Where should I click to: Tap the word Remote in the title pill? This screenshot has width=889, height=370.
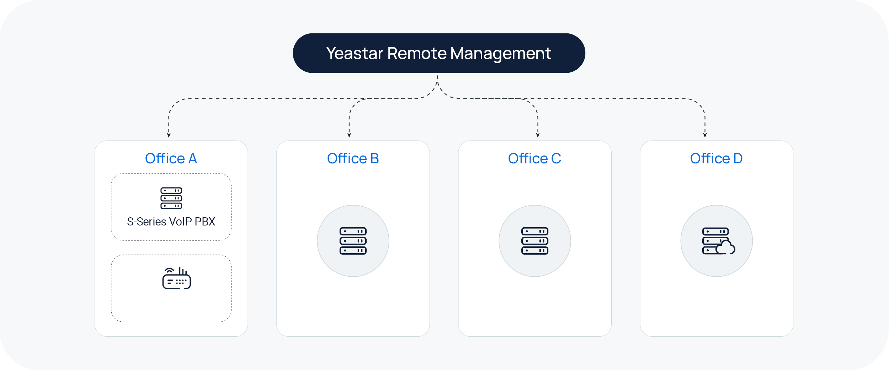[417, 54]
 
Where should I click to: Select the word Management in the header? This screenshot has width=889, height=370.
[501, 54]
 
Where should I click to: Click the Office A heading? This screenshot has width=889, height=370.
[171, 159]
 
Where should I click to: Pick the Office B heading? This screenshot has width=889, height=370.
[353, 159]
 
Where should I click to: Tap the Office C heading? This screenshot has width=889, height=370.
[534, 159]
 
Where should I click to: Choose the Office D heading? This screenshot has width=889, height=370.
[716, 159]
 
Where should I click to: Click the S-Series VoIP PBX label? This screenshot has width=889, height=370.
[171, 222]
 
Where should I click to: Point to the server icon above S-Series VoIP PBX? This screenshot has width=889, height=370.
[171, 198]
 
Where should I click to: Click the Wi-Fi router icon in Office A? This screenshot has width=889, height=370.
[176, 278]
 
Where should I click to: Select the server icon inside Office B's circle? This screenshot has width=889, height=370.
[353, 241]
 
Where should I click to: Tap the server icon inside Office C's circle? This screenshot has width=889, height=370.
[534, 241]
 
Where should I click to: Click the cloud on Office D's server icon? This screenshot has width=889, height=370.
[725, 247]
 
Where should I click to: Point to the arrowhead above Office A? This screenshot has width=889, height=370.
[169, 135]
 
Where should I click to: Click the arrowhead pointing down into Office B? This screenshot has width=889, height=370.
[349, 135]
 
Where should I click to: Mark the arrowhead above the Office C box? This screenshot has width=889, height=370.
[538, 135]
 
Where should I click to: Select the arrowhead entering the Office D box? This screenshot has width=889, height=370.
[705, 135]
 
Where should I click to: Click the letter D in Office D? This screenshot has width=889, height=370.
[738, 159]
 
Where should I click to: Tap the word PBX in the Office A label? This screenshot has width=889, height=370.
[205, 222]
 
